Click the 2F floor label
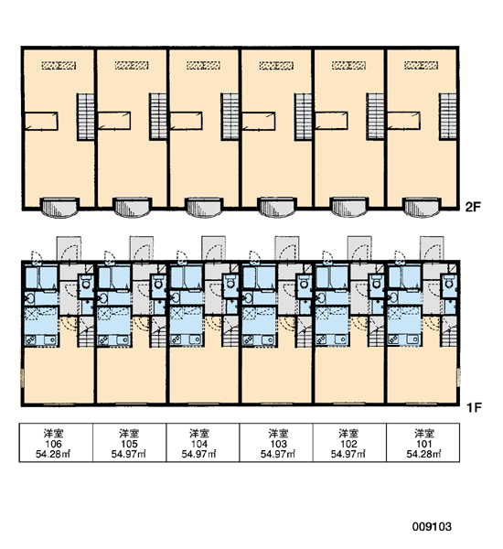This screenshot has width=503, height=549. tap(473, 207)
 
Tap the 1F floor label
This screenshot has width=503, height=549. tap(474, 407)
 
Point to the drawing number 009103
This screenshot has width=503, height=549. tap(432, 526)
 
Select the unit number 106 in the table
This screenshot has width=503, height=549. tap(53, 444)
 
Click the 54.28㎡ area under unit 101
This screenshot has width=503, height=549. tap(423, 454)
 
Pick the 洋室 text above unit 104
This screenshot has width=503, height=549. tap(199, 434)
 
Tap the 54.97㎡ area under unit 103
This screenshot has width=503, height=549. tap(278, 454)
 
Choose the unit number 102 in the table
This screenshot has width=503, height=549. tap(348, 444)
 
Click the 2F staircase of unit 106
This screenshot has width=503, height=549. tap(85, 117)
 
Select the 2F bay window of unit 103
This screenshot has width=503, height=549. tap(276, 208)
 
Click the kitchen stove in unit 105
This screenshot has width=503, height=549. tap(103, 339)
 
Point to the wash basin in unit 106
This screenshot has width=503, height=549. tap(29, 298)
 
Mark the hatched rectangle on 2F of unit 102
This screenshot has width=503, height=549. tap(348, 65)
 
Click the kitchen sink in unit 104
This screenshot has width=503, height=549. tap(195, 339)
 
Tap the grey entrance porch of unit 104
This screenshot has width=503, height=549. tap(213, 249)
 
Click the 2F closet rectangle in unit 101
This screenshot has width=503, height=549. tap(403, 121)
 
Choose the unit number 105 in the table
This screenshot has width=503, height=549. tap(129, 444)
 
